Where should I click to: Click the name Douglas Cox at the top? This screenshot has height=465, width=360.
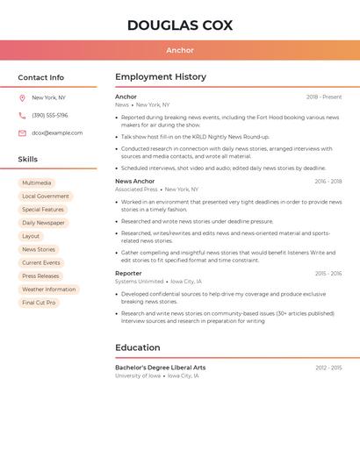(180, 25)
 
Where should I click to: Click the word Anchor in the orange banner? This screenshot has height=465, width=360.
(180, 50)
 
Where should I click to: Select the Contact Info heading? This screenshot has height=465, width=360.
(41, 77)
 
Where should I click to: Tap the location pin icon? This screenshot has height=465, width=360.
(22, 98)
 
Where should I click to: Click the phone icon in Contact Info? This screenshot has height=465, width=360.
(22, 116)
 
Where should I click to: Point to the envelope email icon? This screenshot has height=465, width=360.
(22, 133)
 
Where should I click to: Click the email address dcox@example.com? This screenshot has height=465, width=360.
(57, 133)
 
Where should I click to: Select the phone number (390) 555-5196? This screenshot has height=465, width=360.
(50, 116)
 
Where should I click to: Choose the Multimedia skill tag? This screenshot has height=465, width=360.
(37, 183)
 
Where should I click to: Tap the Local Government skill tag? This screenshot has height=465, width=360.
(46, 197)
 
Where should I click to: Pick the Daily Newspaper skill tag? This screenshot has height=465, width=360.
(43, 223)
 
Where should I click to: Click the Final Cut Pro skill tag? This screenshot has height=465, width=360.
(39, 303)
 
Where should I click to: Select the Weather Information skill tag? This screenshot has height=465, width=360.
(49, 290)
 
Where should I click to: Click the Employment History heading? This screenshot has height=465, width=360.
(161, 77)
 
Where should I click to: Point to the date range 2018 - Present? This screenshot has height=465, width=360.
(324, 97)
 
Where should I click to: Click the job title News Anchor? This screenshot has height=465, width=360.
(134, 182)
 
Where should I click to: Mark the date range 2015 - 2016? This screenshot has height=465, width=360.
(328, 274)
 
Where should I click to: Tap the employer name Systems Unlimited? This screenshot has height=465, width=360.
(139, 282)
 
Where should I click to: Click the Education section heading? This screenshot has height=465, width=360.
(137, 347)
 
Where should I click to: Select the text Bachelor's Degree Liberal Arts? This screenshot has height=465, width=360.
(160, 368)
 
